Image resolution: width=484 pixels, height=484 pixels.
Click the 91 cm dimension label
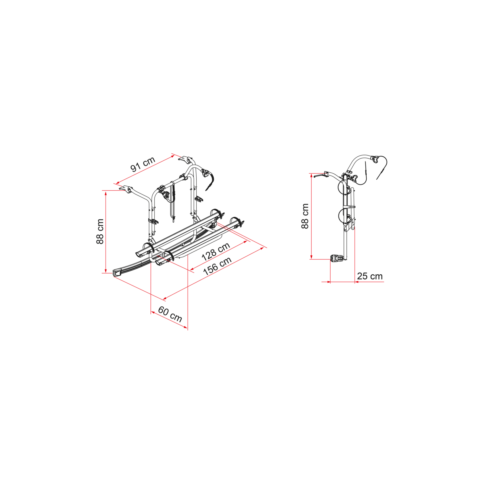point(143,164)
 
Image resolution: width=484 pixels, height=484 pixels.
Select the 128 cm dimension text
point(216,251)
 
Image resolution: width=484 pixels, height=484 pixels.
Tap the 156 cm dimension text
point(217,266)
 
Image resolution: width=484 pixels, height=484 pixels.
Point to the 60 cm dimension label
point(170,314)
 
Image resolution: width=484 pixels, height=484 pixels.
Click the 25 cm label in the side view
point(370,276)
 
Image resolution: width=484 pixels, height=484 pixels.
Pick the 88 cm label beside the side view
point(305,216)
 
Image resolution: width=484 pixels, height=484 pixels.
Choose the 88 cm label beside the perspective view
point(100,231)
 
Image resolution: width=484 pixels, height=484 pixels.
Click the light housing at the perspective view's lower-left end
point(117,272)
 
